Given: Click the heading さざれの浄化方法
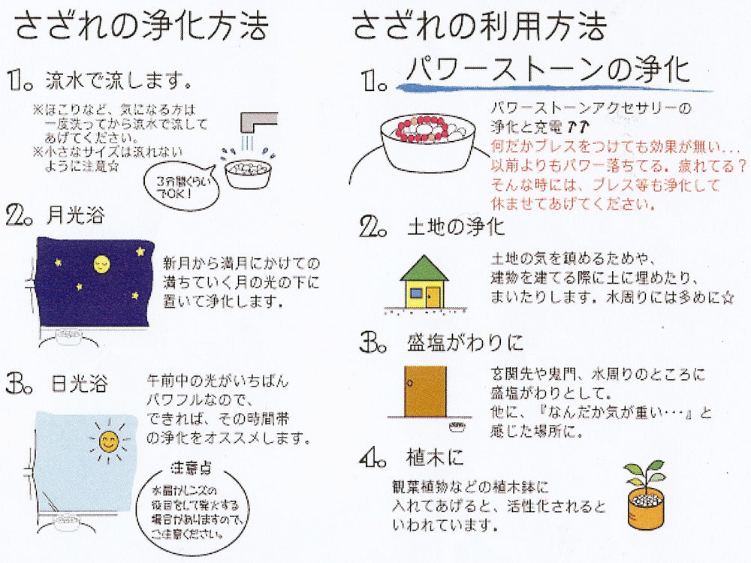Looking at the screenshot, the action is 140,26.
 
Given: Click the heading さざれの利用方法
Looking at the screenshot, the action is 480,26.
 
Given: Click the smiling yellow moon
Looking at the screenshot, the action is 101,263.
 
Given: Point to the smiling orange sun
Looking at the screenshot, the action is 109,441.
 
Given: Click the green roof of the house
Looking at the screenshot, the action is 424,268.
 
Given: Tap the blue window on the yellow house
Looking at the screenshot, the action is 415,293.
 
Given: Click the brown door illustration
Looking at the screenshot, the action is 425,392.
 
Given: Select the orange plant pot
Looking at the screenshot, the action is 646,510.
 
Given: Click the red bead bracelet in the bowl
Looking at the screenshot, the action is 422,129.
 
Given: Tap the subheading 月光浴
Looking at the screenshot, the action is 76,215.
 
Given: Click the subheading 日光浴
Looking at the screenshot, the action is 79,384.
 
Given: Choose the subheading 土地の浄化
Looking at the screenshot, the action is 456,227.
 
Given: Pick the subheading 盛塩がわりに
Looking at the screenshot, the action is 466,343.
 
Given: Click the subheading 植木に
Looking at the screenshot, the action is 435,458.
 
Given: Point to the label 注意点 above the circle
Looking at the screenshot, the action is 191,467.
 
